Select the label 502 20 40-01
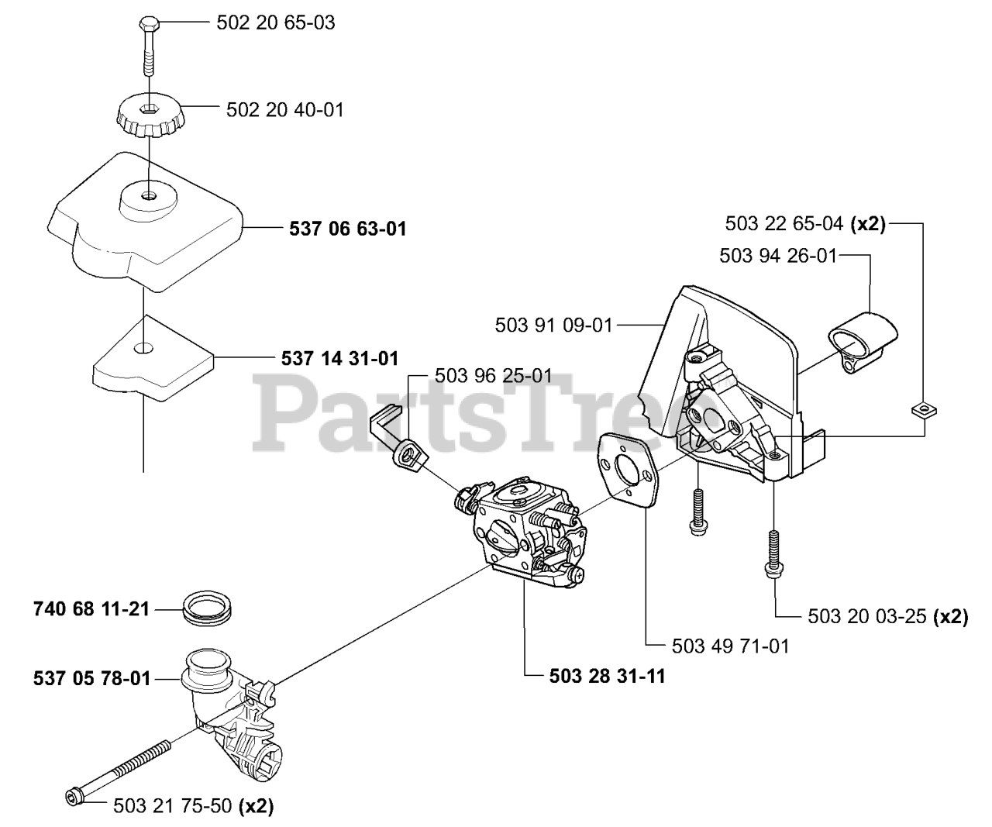(284, 109)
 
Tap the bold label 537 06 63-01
(347, 229)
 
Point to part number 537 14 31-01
(339, 358)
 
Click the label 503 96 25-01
(494, 376)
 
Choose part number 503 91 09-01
(553, 326)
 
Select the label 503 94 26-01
(778, 255)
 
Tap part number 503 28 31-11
(607, 676)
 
